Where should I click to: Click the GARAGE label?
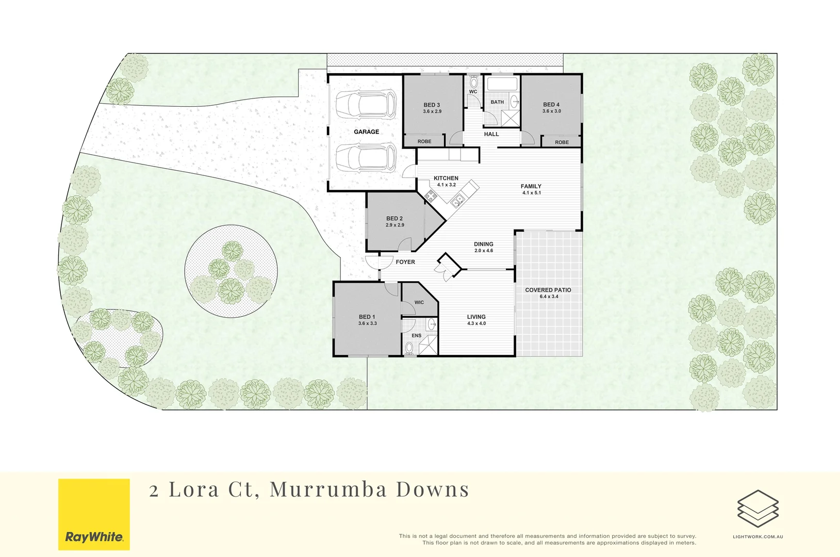(x=366, y=132)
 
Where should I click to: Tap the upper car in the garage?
(x=366, y=105)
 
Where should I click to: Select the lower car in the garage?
(x=366, y=157)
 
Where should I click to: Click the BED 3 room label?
(x=432, y=105)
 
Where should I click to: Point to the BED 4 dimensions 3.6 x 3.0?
(x=551, y=111)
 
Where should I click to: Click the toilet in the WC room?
(x=473, y=83)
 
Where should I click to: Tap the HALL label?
(x=491, y=135)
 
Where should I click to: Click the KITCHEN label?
(x=446, y=178)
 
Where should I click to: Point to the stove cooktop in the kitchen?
(x=431, y=195)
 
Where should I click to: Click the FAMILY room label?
(x=531, y=187)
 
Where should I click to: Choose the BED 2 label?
(x=394, y=219)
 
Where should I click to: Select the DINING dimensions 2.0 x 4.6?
(x=484, y=251)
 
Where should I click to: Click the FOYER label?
(x=405, y=262)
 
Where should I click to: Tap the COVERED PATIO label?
(x=548, y=290)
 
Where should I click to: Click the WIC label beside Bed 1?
(x=419, y=303)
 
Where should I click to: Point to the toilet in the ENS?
(x=409, y=348)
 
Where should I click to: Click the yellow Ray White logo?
(x=94, y=514)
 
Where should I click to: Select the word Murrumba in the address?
(x=327, y=489)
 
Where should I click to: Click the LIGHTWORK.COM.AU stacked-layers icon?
(x=757, y=509)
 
